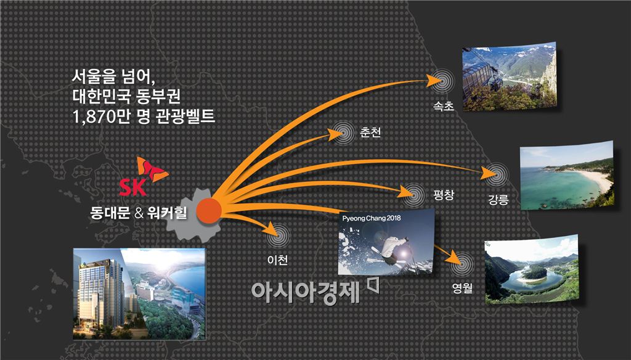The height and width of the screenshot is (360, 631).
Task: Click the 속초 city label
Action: pos(444,105)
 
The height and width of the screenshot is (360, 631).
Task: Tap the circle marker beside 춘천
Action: pos(341,133)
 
